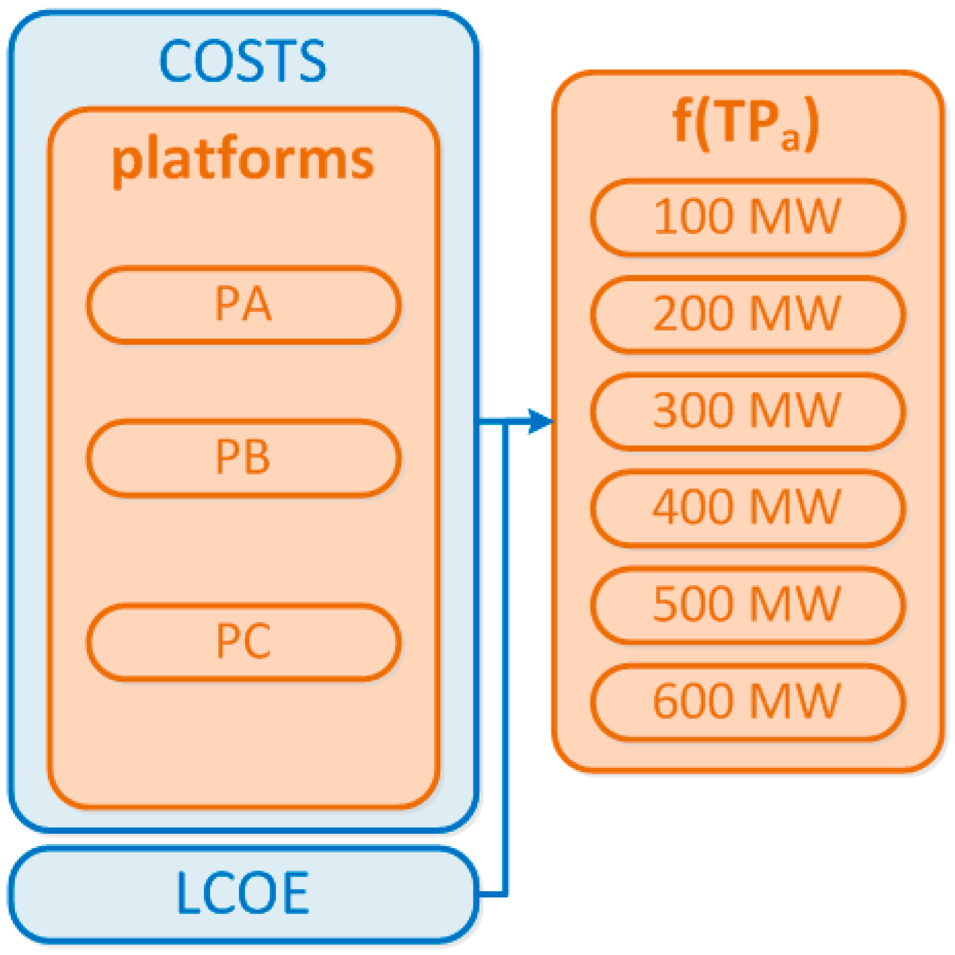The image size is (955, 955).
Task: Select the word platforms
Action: coord(242,161)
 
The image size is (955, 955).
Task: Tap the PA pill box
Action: coord(243,305)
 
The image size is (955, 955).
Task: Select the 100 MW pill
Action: coord(747,217)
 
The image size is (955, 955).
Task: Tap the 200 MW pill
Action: coord(747,314)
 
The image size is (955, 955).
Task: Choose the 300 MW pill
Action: coord(747,411)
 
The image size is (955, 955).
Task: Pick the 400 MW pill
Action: coord(747,507)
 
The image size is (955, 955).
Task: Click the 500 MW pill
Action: coord(747,604)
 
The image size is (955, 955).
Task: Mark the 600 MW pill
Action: coord(747,701)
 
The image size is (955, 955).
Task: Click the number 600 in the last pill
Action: coord(693,701)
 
